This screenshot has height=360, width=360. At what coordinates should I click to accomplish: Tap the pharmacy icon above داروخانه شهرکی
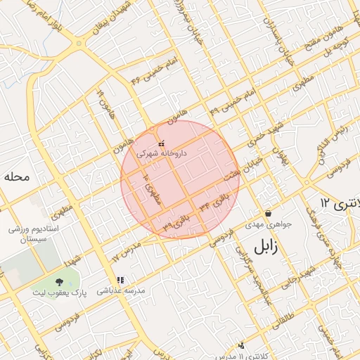click(162, 143)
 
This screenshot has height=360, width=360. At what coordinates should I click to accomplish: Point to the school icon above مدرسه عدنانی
click(120, 279)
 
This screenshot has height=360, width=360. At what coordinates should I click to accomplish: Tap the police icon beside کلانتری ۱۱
click(241, 345)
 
